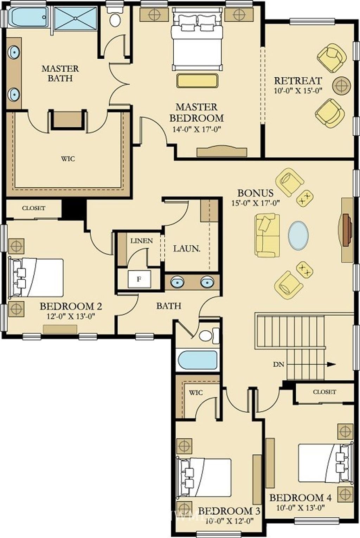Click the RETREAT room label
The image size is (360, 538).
(298, 81)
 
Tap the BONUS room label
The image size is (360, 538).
(256, 193)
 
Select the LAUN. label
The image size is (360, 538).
(187, 249)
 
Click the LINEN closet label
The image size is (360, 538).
(142, 241)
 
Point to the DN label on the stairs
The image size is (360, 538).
(278, 364)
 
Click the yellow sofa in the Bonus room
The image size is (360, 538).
(268, 235)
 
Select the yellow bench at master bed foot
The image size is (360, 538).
(198, 81)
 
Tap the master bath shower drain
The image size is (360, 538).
(75, 18)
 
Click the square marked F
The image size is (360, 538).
(139, 279)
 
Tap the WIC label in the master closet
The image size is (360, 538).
(68, 159)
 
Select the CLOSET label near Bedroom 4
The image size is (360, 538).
(324, 392)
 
